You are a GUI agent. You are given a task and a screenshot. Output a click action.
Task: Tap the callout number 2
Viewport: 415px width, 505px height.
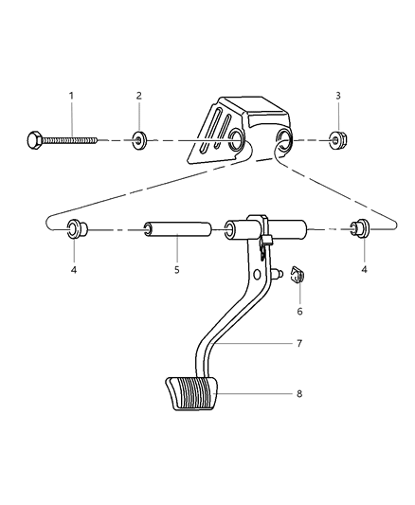coord(138,95)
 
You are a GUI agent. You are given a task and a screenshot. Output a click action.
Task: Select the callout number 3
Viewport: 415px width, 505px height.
coord(339,95)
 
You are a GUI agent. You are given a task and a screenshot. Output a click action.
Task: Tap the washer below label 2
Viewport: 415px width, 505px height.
coord(139,143)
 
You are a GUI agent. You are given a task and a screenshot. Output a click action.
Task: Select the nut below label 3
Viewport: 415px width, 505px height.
coord(338,142)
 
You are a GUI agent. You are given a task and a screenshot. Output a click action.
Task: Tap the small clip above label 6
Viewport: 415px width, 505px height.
coord(296,276)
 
